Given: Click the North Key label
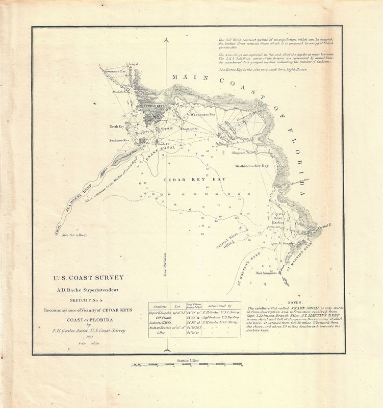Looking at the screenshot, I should pyautogui.click(x=117, y=125).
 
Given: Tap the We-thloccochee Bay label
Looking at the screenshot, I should pyautogui.click(x=251, y=166).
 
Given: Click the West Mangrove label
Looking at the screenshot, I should pyautogui.click(x=265, y=273).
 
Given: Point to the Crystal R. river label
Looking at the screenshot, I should pyautogui.click(x=324, y=225).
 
